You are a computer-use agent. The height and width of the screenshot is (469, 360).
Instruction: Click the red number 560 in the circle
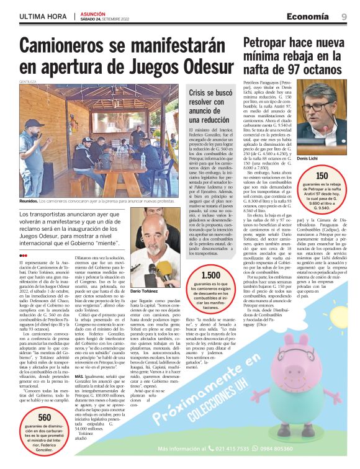(45, 418)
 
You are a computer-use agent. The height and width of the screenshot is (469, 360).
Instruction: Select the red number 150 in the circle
(322, 176)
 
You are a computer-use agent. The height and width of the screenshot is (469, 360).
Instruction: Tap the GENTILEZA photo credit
(27, 81)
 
